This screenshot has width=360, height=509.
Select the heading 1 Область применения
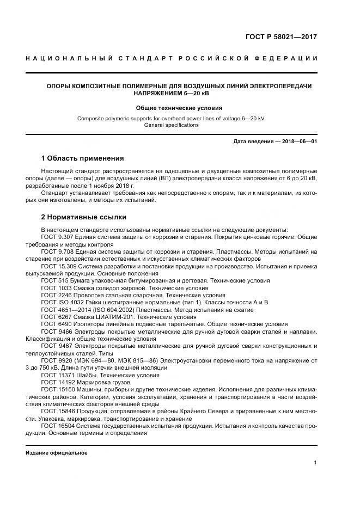pyautogui.click(x=82, y=158)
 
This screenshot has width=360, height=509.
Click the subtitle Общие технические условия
pyautogui.click(x=179, y=108)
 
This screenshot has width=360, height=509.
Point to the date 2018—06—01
pyautogui.click(x=298, y=141)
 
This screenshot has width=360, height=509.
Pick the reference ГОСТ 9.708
pyautogui.click(x=57, y=252)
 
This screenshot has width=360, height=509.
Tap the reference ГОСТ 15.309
pyautogui.click(x=58, y=266)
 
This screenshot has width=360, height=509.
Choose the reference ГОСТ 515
pyautogui.click(x=53, y=280)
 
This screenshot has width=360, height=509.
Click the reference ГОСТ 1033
pyautogui.click(x=55, y=287)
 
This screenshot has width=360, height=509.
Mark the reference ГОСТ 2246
pyautogui.click(x=55, y=295)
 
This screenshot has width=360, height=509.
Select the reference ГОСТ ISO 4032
pyautogui.click(x=60, y=302)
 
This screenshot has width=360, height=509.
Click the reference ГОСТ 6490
pyautogui.click(x=55, y=323)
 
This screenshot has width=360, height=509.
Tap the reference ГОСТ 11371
pyautogui.click(x=57, y=375)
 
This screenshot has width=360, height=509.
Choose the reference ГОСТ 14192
pyautogui.click(x=57, y=382)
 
